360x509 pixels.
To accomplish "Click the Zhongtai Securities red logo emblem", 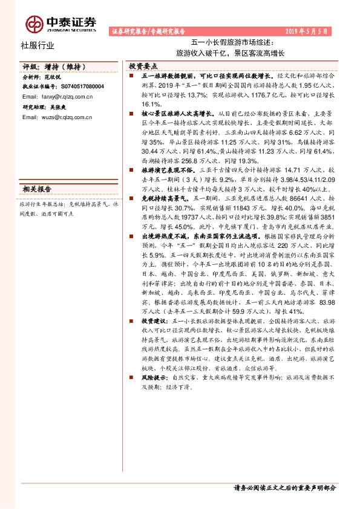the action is click(34, 22).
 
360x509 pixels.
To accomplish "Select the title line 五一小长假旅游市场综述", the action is click(232, 43).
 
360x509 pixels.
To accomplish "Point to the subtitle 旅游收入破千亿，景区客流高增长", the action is click(232, 53).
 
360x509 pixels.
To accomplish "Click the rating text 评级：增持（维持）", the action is click(49, 68).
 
